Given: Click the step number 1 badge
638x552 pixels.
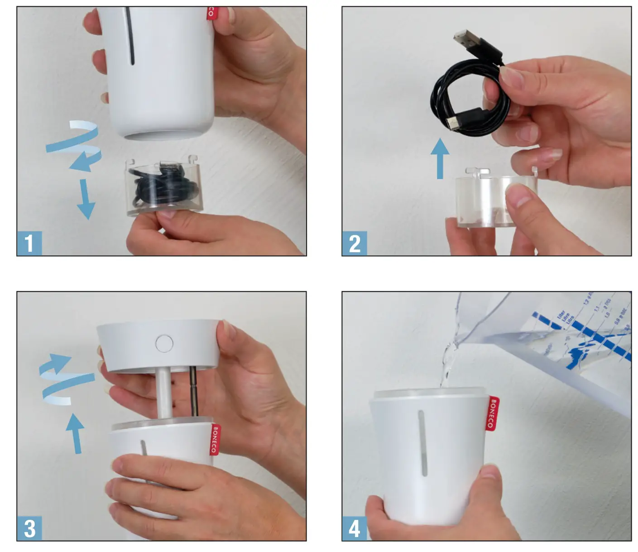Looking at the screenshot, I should click(29, 243).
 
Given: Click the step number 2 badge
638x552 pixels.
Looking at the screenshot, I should click(355, 243).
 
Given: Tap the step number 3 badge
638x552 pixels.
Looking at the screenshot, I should click(29, 528).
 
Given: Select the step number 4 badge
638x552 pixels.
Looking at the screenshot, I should click(355, 528).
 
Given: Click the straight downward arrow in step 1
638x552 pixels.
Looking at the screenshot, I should click(85, 199).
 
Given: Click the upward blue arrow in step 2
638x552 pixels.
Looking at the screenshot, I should click(440, 158).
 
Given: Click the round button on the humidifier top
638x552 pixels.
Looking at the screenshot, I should click(164, 343).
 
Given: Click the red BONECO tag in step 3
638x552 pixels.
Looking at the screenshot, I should click(215, 439).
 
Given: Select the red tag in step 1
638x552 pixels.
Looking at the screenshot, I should click(211, 13).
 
